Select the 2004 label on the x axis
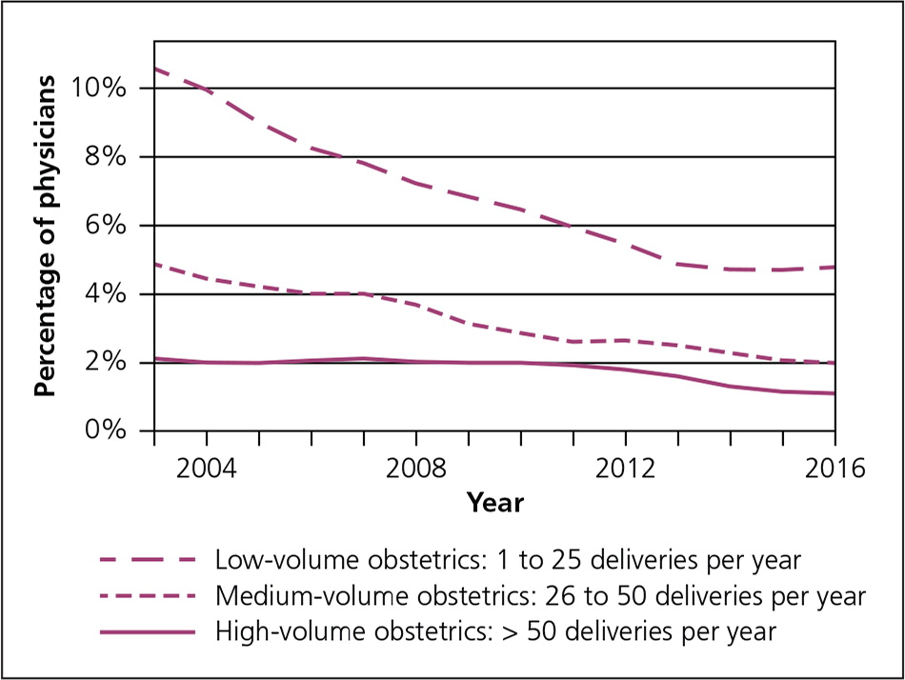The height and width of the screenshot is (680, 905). (206, 469)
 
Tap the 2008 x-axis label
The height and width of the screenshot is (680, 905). (416, 469)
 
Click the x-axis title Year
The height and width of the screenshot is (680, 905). (494, 502)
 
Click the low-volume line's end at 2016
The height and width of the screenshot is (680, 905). (835, 267)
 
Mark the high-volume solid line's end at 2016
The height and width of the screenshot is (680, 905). (835, 393)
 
